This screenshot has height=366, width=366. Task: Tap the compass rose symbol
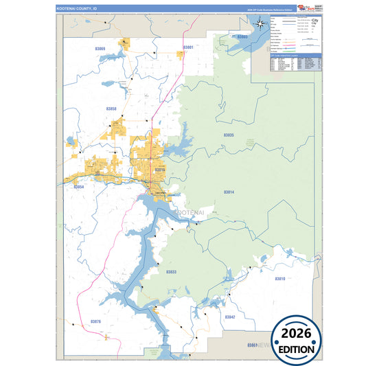pyautogui.click(x=262, y=25)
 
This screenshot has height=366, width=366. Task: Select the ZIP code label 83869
pyautogui.click(x=102, y=49)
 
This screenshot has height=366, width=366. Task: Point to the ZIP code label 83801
pyautogui.click(x=187, y=47)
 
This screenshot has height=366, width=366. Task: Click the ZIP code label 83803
pyautogui.click(x=242, y=36)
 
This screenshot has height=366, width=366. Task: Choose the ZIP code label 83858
pyautogui.click(x=111, y=108)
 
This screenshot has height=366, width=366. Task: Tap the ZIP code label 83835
pyautogui.click(x=229, y=135)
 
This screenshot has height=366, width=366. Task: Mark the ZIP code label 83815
pyautogui.click(x=159, y=169)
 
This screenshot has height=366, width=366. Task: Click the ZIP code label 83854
pyautogui.click(x=79, y=187)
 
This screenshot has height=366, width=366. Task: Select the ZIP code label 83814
pyautogui.click(x=229, y=192)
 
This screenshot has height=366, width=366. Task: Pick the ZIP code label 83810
pyautogui.click(x=279, y=279)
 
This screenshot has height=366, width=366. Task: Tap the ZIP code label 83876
pyautogui.click(x=95, y=321)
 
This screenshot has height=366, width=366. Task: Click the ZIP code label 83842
pyautogui.click(x=229, y=317)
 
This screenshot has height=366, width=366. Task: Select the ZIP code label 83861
pyautogui.click(x=252, y=344)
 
